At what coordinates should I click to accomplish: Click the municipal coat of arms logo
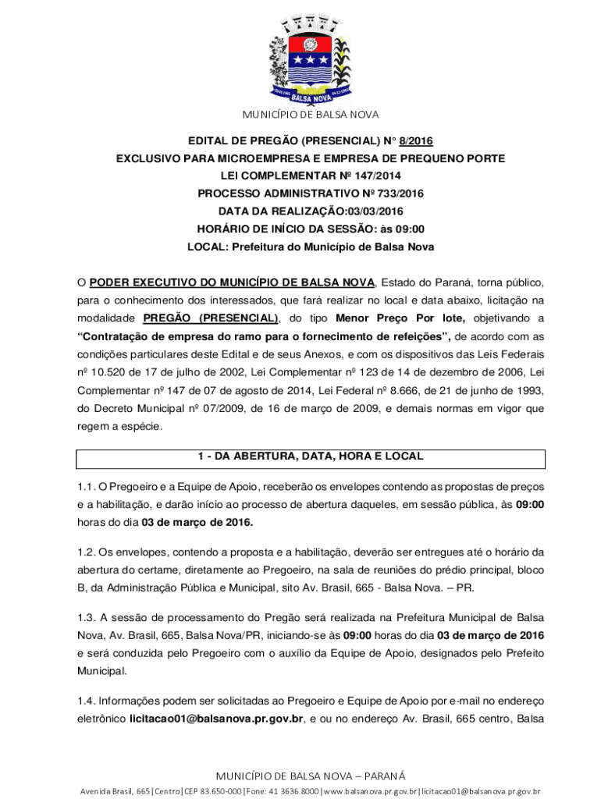pos(310,60)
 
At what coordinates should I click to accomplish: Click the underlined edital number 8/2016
pos(416,141)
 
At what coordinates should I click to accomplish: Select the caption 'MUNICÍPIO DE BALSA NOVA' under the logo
pos(310,115)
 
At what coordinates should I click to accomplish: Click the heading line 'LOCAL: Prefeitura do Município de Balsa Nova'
pos(310,247)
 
